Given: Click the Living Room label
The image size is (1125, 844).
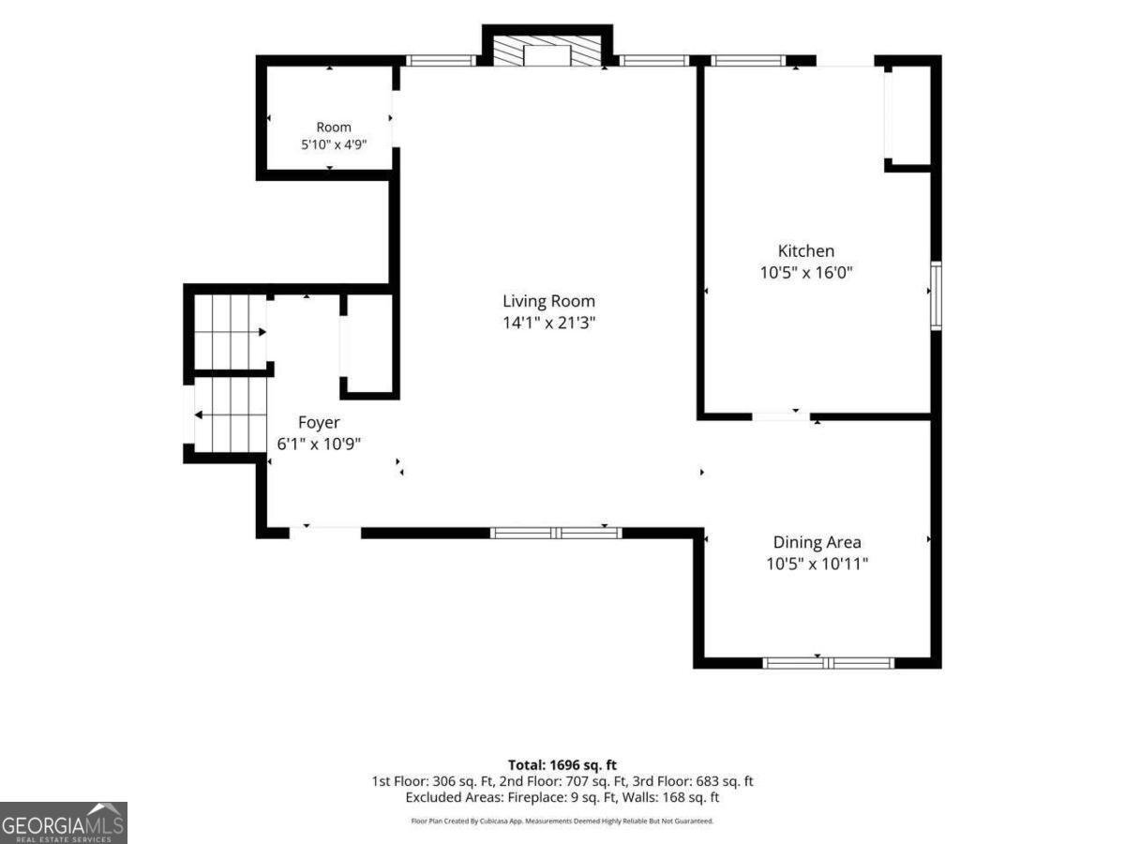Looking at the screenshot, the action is tap(548, 301).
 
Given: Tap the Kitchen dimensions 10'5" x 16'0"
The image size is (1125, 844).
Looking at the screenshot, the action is tap(805, 272).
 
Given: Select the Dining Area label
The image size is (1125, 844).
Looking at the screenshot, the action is tap(817, 542).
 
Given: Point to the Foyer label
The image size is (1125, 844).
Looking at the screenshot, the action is tap(319, 423).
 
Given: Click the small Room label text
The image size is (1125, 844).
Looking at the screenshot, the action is tap(334, 128).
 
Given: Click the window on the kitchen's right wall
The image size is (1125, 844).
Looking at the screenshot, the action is tap(936, 295).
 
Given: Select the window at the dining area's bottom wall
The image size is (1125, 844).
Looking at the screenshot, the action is tap(828, 663).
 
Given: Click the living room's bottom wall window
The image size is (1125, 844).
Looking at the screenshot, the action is tap(556, 533).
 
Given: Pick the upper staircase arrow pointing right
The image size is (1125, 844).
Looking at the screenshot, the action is tap(231, 332).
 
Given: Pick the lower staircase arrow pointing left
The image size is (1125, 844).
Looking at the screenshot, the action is tap(230, 414).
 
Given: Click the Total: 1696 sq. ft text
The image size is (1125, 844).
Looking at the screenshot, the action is tap(562, 765).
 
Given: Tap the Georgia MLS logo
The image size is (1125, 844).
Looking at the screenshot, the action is tap(64, 823).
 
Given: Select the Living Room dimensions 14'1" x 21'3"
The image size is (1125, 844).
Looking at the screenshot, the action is tap(548, 323).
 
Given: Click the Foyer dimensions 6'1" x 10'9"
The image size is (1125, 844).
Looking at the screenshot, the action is tap(319, 444).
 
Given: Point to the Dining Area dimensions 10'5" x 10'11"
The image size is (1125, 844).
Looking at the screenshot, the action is tap(817, 564).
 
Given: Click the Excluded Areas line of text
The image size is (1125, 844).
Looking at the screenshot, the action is tap(562, 797).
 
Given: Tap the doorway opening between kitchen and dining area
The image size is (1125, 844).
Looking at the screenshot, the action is tap(781, 416).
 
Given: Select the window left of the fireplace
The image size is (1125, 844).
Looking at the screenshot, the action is tap(442, 60).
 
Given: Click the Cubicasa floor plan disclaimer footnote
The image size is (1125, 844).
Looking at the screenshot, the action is tap(562, 821).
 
